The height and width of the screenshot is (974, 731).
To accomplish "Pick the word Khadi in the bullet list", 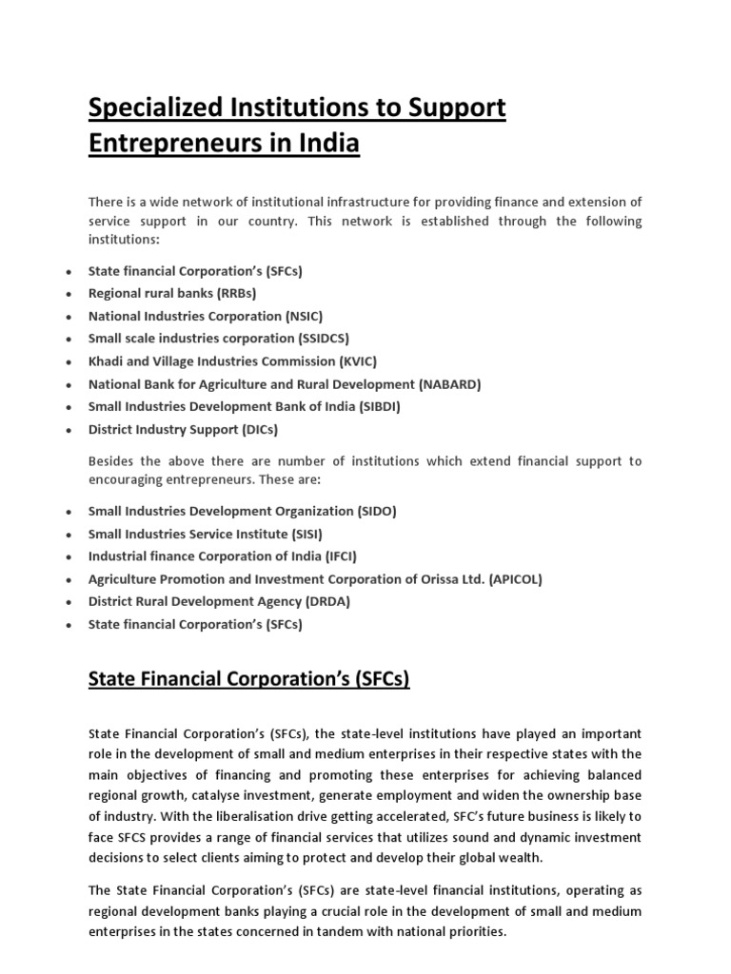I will (x=106, y=361).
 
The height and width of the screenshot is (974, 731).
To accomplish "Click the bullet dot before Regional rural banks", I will (x=69, y=294).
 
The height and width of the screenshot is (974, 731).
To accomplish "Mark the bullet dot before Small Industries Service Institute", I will (x=69, y=535).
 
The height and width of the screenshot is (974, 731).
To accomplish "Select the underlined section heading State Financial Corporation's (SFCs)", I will (x=248, y=679).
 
